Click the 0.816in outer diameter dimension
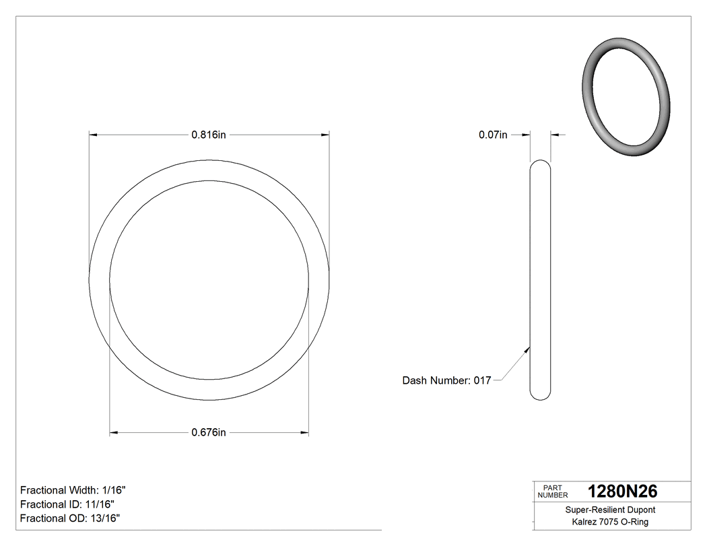pyautogui.click(x=208, y=135)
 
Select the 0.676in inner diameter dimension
pyautogui.click(x=208, y=432)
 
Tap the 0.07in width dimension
pyautogui.click(x=493, y=135)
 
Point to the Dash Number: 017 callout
pyautogui.click(x=446, y=380)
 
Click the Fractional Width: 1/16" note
pyautogui.click(x=73, y=490)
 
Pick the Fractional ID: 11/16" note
pyautogui.click(x=67, y=504)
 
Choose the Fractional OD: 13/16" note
pyautogui.click(x=70, y=518)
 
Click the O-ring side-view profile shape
pyautogui.click(x=540, y=279)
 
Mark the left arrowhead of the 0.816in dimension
pyautogui.click(x=94, y=135)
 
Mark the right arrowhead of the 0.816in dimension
pyautogui.click(x=325, y=135)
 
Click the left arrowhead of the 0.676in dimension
pyautogui.click(x=114, y=432)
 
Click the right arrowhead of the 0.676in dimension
pyautogui.click(x=305, y=432)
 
